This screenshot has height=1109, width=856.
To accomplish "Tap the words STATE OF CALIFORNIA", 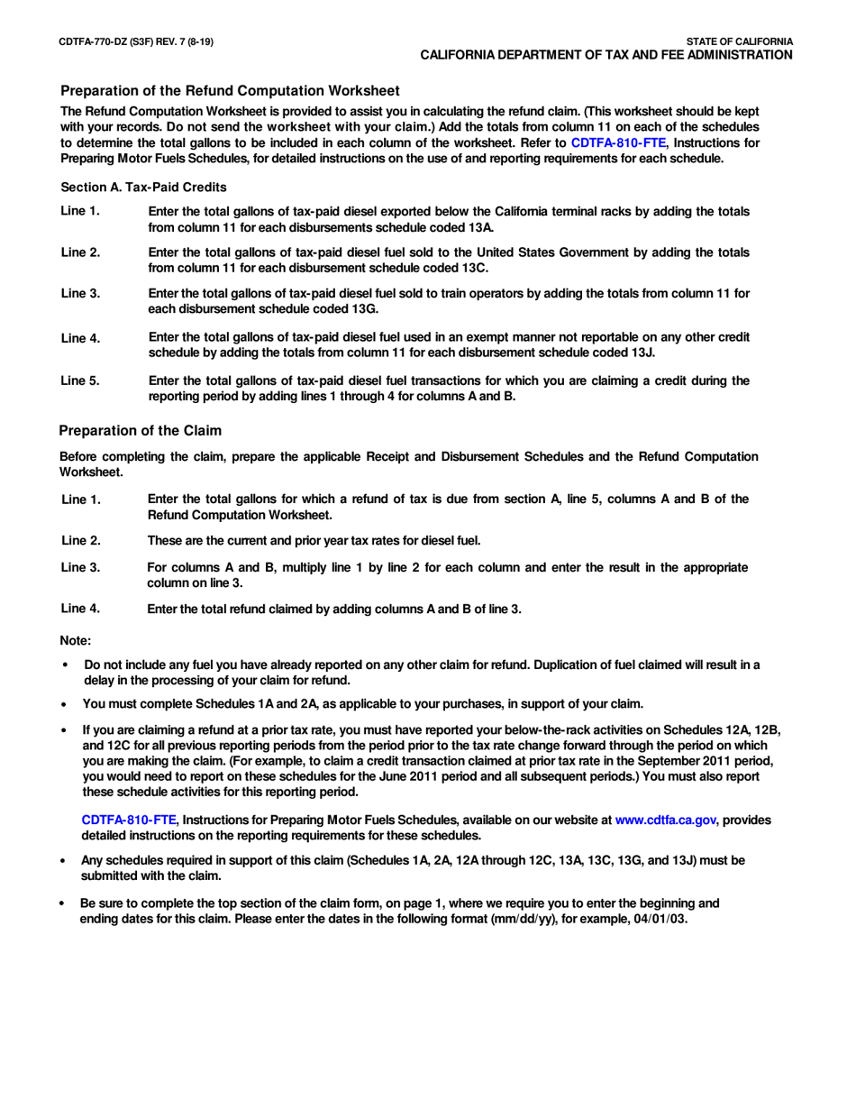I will point(739,41).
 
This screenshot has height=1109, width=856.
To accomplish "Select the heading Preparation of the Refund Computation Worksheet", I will point(230,90).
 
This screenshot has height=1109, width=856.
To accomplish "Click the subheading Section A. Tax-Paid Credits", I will point(143,187).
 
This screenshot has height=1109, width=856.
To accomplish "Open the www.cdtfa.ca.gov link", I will point(665,820).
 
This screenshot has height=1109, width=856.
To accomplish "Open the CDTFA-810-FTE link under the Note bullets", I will point(129,820).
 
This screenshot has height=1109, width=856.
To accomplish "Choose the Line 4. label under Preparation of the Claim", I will point(79,608).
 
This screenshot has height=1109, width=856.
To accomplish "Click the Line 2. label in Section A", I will point(79,252).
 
